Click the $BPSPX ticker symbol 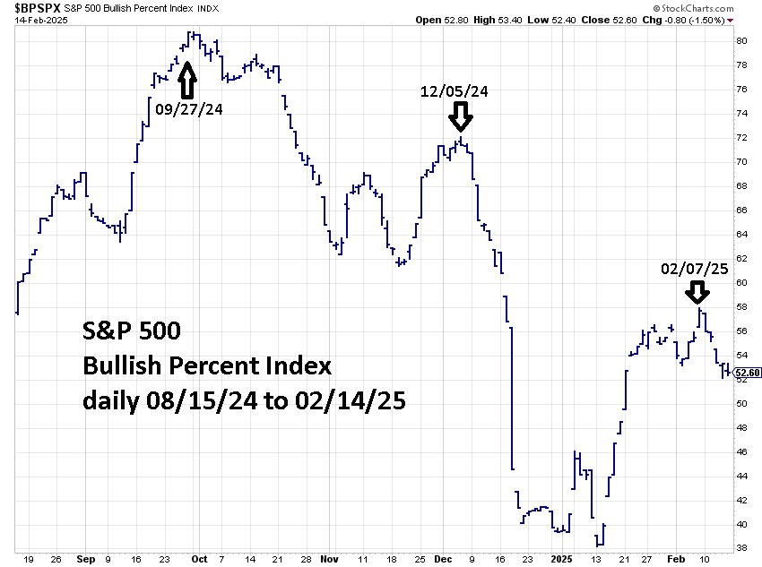pyautogui.click(x=37, y=9)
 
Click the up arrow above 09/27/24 pyautogui.click(x=186, y=81)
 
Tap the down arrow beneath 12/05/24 pyautogui.click(x=460, y=116)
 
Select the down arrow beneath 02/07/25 pyautogui.click(x=697, y=292)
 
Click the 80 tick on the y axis pyautogui.click(x=742, y=40)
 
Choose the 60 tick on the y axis pyautogui.click(x=742, y=282)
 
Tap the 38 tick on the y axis pyautogui.click(x=742, y=548)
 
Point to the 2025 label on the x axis pyautogui.click(x=561, y=558)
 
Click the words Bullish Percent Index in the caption pyautogui.click(x=207, y=365)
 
